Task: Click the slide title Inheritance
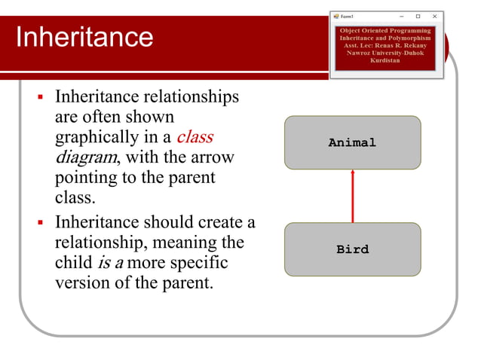tap(84, 37)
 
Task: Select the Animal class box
tap(352, 142)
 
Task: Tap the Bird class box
tap(352, 249)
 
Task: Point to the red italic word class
tap(195, 138)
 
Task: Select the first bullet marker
tap(41, 98)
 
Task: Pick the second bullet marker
tap(41, 224)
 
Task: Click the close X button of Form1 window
tap(434, 16)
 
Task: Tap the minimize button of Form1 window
tap(401, 16)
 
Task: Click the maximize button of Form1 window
tap(418, 16)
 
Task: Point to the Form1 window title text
tap(348, 16)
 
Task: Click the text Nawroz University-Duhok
tap(385, 53)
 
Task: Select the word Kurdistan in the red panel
tap(385, 60)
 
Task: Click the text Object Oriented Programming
tap(385, 30)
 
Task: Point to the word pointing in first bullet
tap(86, 178)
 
